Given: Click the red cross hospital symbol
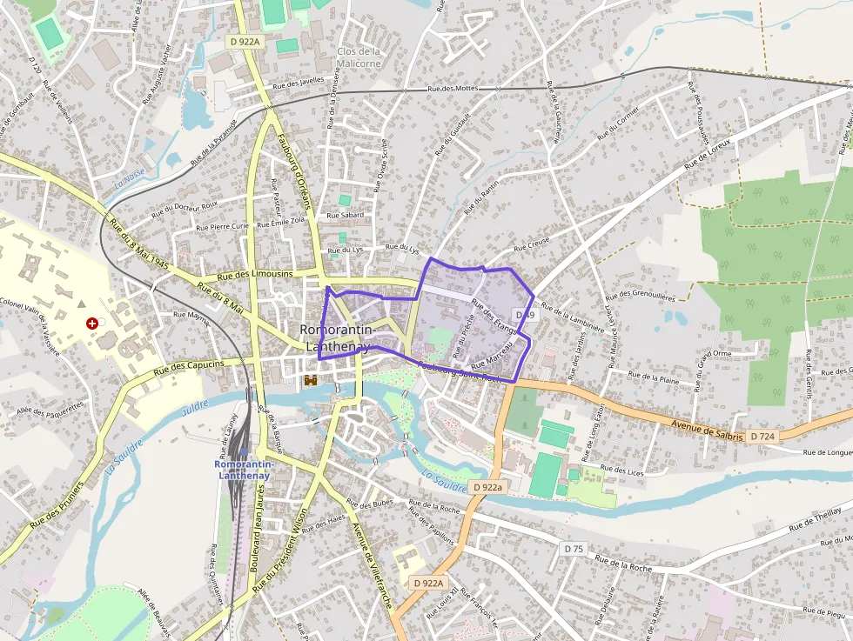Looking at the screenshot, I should pyautogui.click(x=91, y=323).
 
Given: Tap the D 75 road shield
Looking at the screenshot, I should pyautogui.click(x=573, y=549).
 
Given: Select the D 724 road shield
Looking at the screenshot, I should pyautogui.click(x=762, y=436).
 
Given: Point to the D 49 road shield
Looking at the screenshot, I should pyautogui.click(x=524, y=314).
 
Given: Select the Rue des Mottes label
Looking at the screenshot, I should pyautogui.click(x=453, y=88).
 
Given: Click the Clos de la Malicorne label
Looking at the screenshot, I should pyautogui.click(x=359, y=57).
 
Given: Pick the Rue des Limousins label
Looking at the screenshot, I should pyautogui.click(x=254, y=275).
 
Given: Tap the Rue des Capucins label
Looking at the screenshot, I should pyautogui.click(x=189, y=367).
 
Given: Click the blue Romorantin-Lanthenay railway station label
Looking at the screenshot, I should pyautogui.click(x=245, y=470).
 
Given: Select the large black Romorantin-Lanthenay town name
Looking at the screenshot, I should pyautogui.click(x=337, y=337).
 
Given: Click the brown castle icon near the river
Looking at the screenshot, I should pyautogui.click(x=310, y=380).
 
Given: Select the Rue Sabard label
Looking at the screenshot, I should pyautogui.click(x=345, y=215).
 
